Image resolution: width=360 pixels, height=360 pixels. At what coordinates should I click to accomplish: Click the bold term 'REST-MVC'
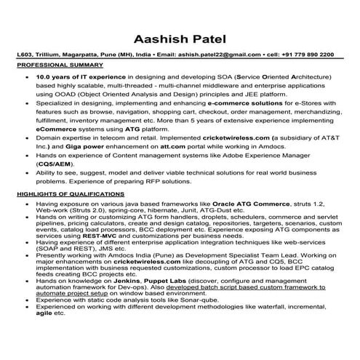tap(100, 258)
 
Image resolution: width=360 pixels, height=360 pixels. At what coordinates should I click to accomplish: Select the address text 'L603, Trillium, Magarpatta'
tap(61, 55)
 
